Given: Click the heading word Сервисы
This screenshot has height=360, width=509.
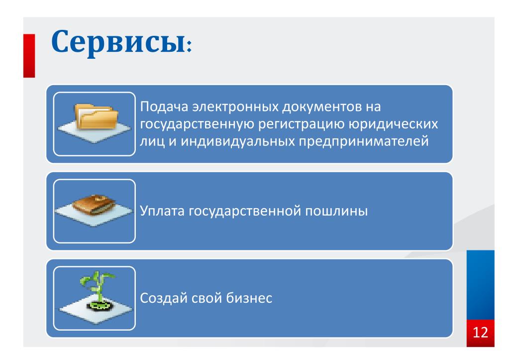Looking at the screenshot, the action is click(119, 42).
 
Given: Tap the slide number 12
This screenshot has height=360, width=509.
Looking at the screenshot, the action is click(480, 333).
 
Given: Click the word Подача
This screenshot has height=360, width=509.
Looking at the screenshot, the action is click(164, 107).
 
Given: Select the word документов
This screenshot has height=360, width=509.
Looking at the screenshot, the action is click(322, 107).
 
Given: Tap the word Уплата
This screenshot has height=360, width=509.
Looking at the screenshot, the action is click(162, 211).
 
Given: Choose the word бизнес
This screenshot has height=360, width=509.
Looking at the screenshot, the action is click(249, 298).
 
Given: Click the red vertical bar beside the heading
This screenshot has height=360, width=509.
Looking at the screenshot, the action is click(29, 56).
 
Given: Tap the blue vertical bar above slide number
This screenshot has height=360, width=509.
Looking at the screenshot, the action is click(481, 285).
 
